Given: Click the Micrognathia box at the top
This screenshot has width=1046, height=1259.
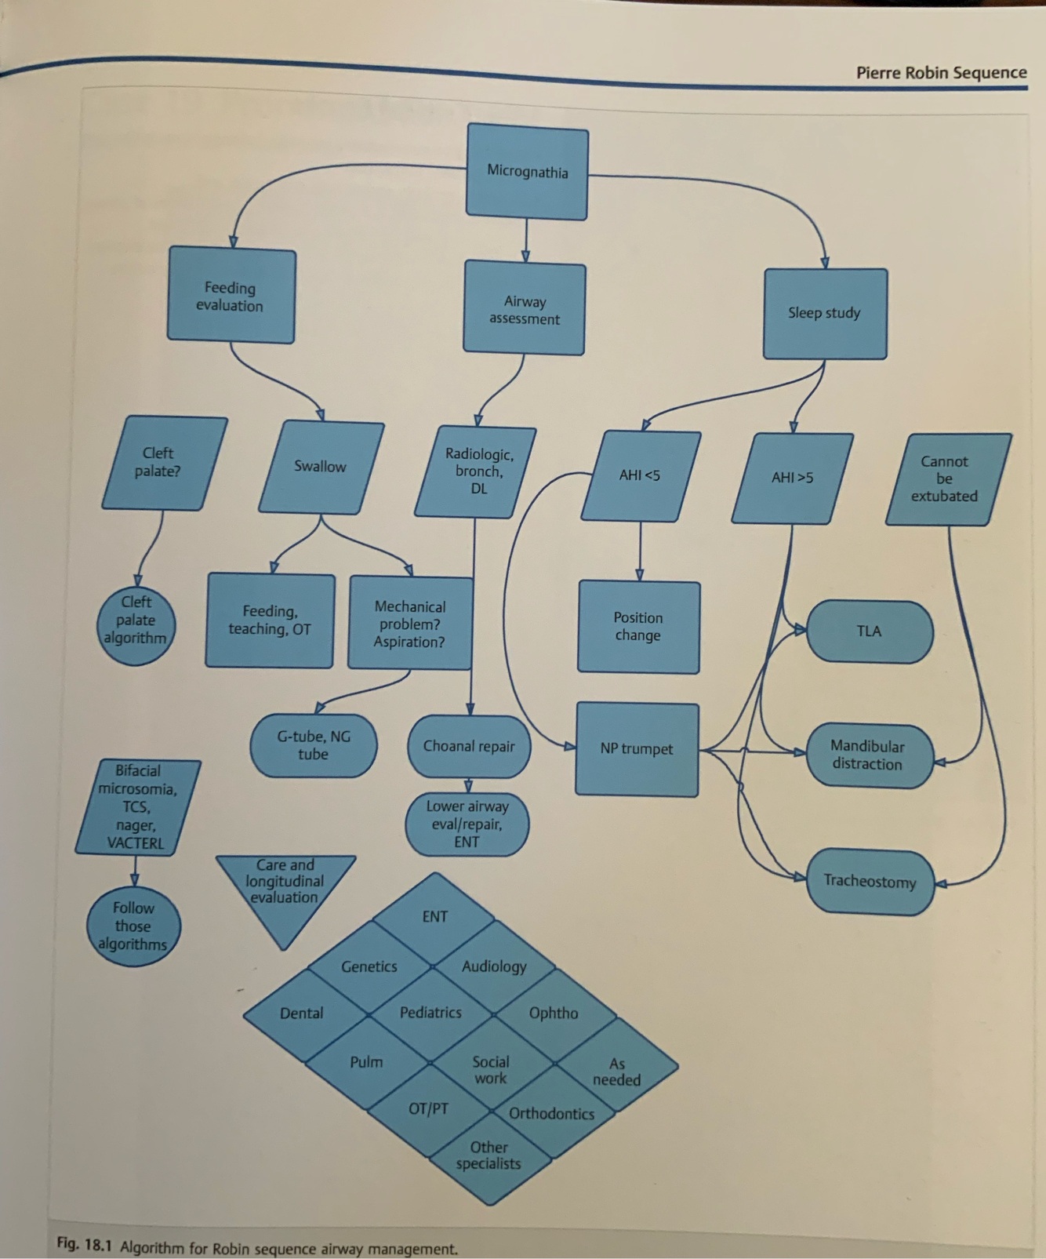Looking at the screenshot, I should pos(527,171).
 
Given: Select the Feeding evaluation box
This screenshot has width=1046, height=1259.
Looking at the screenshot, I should pos(231,296).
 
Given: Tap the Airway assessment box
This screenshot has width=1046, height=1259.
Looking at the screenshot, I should pos(524,309).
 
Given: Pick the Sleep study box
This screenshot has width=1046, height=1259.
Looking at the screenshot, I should pos(824,313).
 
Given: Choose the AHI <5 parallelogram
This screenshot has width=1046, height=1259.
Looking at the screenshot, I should pos(640,475).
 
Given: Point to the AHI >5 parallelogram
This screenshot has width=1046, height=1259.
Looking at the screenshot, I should pos(792,478).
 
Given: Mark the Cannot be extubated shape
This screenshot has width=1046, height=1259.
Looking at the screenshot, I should pos(946,478).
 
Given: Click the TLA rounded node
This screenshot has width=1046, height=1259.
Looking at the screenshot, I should pos(869,631).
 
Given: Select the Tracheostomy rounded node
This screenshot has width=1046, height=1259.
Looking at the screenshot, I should pos(870,882).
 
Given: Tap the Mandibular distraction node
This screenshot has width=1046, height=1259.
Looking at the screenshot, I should pos(868,755).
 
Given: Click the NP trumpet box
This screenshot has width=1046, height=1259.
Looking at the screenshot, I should pos(637,749).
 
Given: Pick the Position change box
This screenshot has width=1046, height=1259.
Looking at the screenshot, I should pos(638,627).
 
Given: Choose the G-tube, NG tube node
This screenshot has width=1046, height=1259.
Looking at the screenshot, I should pos(313,745).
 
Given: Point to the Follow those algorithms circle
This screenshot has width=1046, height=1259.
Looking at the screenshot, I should pos(133,926).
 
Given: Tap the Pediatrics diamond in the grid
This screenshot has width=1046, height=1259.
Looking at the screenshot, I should pos(430,1013).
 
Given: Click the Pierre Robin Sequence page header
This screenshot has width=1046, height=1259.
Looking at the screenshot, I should pos(941,73).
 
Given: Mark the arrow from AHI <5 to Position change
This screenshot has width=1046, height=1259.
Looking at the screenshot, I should pos(640,552).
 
